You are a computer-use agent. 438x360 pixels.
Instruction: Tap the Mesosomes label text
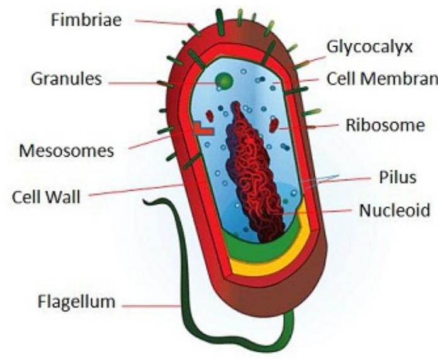click(x=67, y=150)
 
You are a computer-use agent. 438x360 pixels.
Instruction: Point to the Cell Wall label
click(x=47, y=196)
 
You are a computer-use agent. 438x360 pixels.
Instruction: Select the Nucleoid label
click(x=394, y=210)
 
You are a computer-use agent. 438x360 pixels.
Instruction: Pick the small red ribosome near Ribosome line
click(x=274, y=125)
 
